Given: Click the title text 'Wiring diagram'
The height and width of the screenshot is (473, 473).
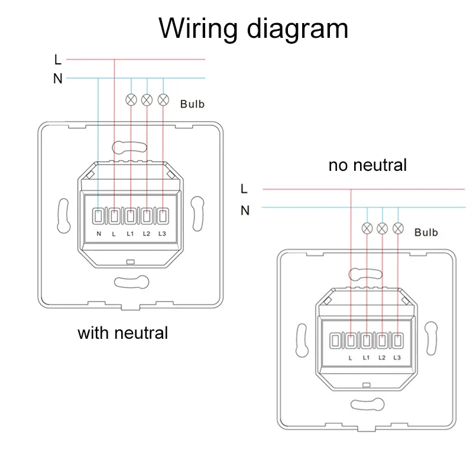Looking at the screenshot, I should pos(253,27).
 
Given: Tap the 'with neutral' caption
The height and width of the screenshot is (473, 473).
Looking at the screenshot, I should pos(123,333).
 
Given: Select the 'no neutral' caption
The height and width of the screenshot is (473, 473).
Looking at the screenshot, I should pos(368,165).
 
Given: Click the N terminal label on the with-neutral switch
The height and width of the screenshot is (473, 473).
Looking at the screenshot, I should pos(99,234).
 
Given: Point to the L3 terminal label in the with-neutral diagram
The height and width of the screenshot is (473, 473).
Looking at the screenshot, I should pos(162,234).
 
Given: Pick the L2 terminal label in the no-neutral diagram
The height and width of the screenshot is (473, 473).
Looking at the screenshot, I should pos(382,358).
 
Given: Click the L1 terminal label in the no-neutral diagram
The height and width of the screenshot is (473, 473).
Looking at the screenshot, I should pos(366,358).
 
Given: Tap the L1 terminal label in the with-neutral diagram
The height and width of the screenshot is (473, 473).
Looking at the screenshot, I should pos(130,234).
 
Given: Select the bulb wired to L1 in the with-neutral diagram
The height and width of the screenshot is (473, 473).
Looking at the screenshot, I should pos(131,99).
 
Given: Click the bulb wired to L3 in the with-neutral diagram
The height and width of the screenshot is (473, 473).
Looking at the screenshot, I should pos(163,99).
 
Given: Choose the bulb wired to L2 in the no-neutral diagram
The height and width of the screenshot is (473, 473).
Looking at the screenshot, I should pos(383,228).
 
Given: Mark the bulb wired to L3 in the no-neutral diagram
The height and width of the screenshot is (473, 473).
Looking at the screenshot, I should pos(399,228).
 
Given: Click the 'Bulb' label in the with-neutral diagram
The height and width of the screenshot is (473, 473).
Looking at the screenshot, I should pos(192,104).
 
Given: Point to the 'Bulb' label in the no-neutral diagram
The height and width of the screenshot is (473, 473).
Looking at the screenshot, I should pos(426,232).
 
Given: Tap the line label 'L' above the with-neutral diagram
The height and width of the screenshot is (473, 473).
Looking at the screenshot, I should pos(57,60).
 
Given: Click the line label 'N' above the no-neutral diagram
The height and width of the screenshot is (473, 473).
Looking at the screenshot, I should pos(245,210).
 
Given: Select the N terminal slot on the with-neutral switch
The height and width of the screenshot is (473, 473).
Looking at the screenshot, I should pos(99,216).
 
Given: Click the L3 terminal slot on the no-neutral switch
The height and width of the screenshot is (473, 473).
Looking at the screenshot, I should pos(398,341).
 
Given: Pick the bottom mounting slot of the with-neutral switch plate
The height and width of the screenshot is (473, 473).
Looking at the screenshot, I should pos(131,283).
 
